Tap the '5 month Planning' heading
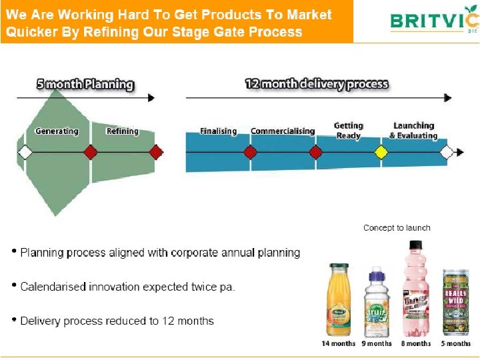coord(85,85)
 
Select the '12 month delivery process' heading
coord(317,84)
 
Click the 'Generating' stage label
coord(57,131)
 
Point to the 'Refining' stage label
coord(122,131)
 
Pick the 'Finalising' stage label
coord(218,131)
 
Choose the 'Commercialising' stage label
coord(282,131)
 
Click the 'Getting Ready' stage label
coord(349,130)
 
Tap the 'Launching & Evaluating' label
coord(413,130)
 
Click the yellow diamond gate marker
coord(381,153)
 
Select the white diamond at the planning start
coord(25,153)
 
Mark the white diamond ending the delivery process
coord(447,153)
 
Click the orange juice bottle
coord(338,300)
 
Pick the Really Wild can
coord(456,303)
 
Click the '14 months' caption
coord(339,344)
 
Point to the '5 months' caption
coord(456,344)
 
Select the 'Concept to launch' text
coord(397,228)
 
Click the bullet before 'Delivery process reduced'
coord(14,320)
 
